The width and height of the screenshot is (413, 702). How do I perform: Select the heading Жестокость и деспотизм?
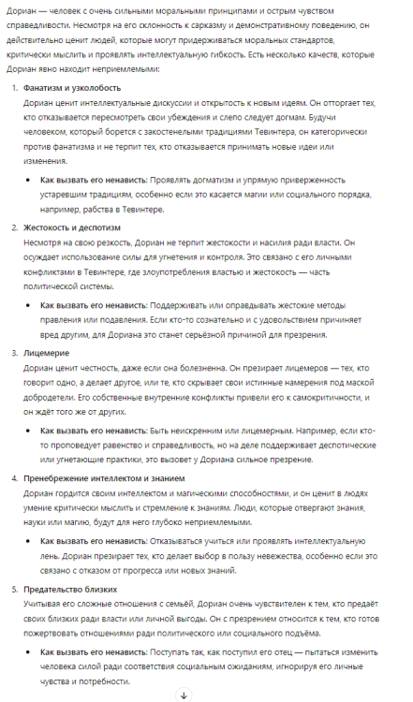(x=74, y=227)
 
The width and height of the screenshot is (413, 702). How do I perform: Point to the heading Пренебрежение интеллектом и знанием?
(x=115, y=478)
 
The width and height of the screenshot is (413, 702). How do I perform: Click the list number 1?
(x=13, y=87)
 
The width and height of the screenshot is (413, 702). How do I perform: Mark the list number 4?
(x=13, y=478)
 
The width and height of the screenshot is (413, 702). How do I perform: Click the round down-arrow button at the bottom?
(x=184, y=694)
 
